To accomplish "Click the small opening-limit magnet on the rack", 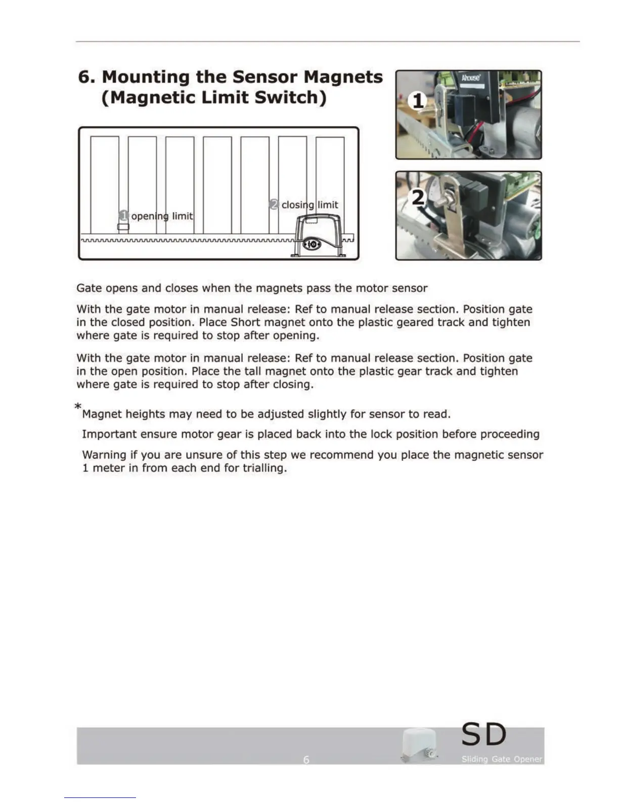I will tap(123, 227).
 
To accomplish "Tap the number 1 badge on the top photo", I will tap(418, 101).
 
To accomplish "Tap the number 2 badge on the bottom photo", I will tap(418, 197).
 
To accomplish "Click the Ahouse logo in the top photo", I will tap(470, 78).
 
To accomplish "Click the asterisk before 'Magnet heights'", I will tap(78, 407).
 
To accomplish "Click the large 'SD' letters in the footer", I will tap(483, 735).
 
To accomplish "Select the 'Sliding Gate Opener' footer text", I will tap(501, 759).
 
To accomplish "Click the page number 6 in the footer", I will tap(306, 759).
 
